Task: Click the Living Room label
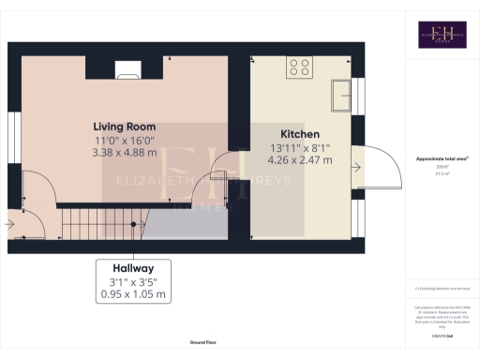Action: point(124,126)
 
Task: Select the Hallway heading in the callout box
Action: point(135,267)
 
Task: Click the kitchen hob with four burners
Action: point(301,67)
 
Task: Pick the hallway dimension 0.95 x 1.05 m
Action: point(135,294)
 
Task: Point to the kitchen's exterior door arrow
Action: point(357,167)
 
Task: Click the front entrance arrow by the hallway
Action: point(9,224)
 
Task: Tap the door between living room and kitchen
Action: point(226,169)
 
